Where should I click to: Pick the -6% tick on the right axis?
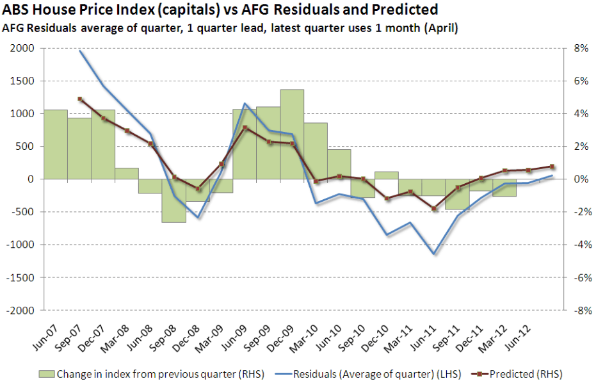pos(575,277)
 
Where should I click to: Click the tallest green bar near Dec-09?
pos(292,134)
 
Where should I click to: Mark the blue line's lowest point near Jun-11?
pos(434,254)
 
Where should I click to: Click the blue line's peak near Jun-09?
pos(245,103)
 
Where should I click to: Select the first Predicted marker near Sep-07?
pos(79,99)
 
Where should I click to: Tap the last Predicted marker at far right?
pos(552,167)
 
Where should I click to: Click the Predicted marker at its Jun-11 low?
pos(434,209)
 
